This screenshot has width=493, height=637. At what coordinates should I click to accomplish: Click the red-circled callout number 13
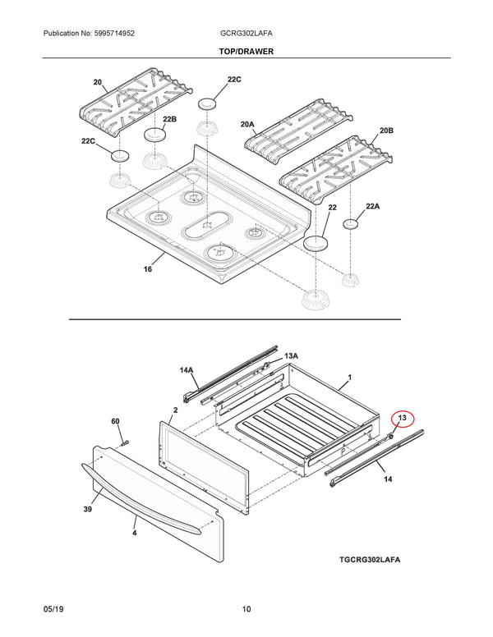tap(403, 418)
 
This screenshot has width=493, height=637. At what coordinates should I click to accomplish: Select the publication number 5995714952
tap(114, 34)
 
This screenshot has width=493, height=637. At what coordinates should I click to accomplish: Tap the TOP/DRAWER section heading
tap(246, 51)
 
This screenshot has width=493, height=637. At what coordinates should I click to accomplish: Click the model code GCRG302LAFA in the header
tap(246, 34)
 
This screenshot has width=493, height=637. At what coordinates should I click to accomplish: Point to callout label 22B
tap(169, 119)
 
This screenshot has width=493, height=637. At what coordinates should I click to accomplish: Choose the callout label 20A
tap(247, 124)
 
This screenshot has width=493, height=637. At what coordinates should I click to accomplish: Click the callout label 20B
tap(386, 131)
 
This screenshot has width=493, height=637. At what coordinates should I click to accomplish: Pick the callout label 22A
tap(372, 206)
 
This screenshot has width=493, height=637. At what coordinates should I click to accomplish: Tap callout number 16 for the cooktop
tap(148, 269)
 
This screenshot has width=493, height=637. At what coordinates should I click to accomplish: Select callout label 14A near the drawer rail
tap(187, 370)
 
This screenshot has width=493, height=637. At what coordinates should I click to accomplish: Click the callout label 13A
tap(291, 356)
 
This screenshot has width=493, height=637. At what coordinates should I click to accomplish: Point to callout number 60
tap(116, 421)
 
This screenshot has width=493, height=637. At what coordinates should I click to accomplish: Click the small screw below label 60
tap(124, 442)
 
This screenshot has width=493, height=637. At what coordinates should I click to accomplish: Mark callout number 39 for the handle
tap(87, 509)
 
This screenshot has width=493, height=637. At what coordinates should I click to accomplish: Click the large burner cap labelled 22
tap(316, 243)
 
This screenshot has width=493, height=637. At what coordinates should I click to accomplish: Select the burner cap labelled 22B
tap(154, 135)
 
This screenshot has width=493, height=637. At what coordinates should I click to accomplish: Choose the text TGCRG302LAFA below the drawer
tap(370, 559)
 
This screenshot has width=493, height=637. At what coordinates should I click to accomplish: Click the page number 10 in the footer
tap(246, 609)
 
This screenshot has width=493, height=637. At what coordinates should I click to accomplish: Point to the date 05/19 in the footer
tap(53, 609)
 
